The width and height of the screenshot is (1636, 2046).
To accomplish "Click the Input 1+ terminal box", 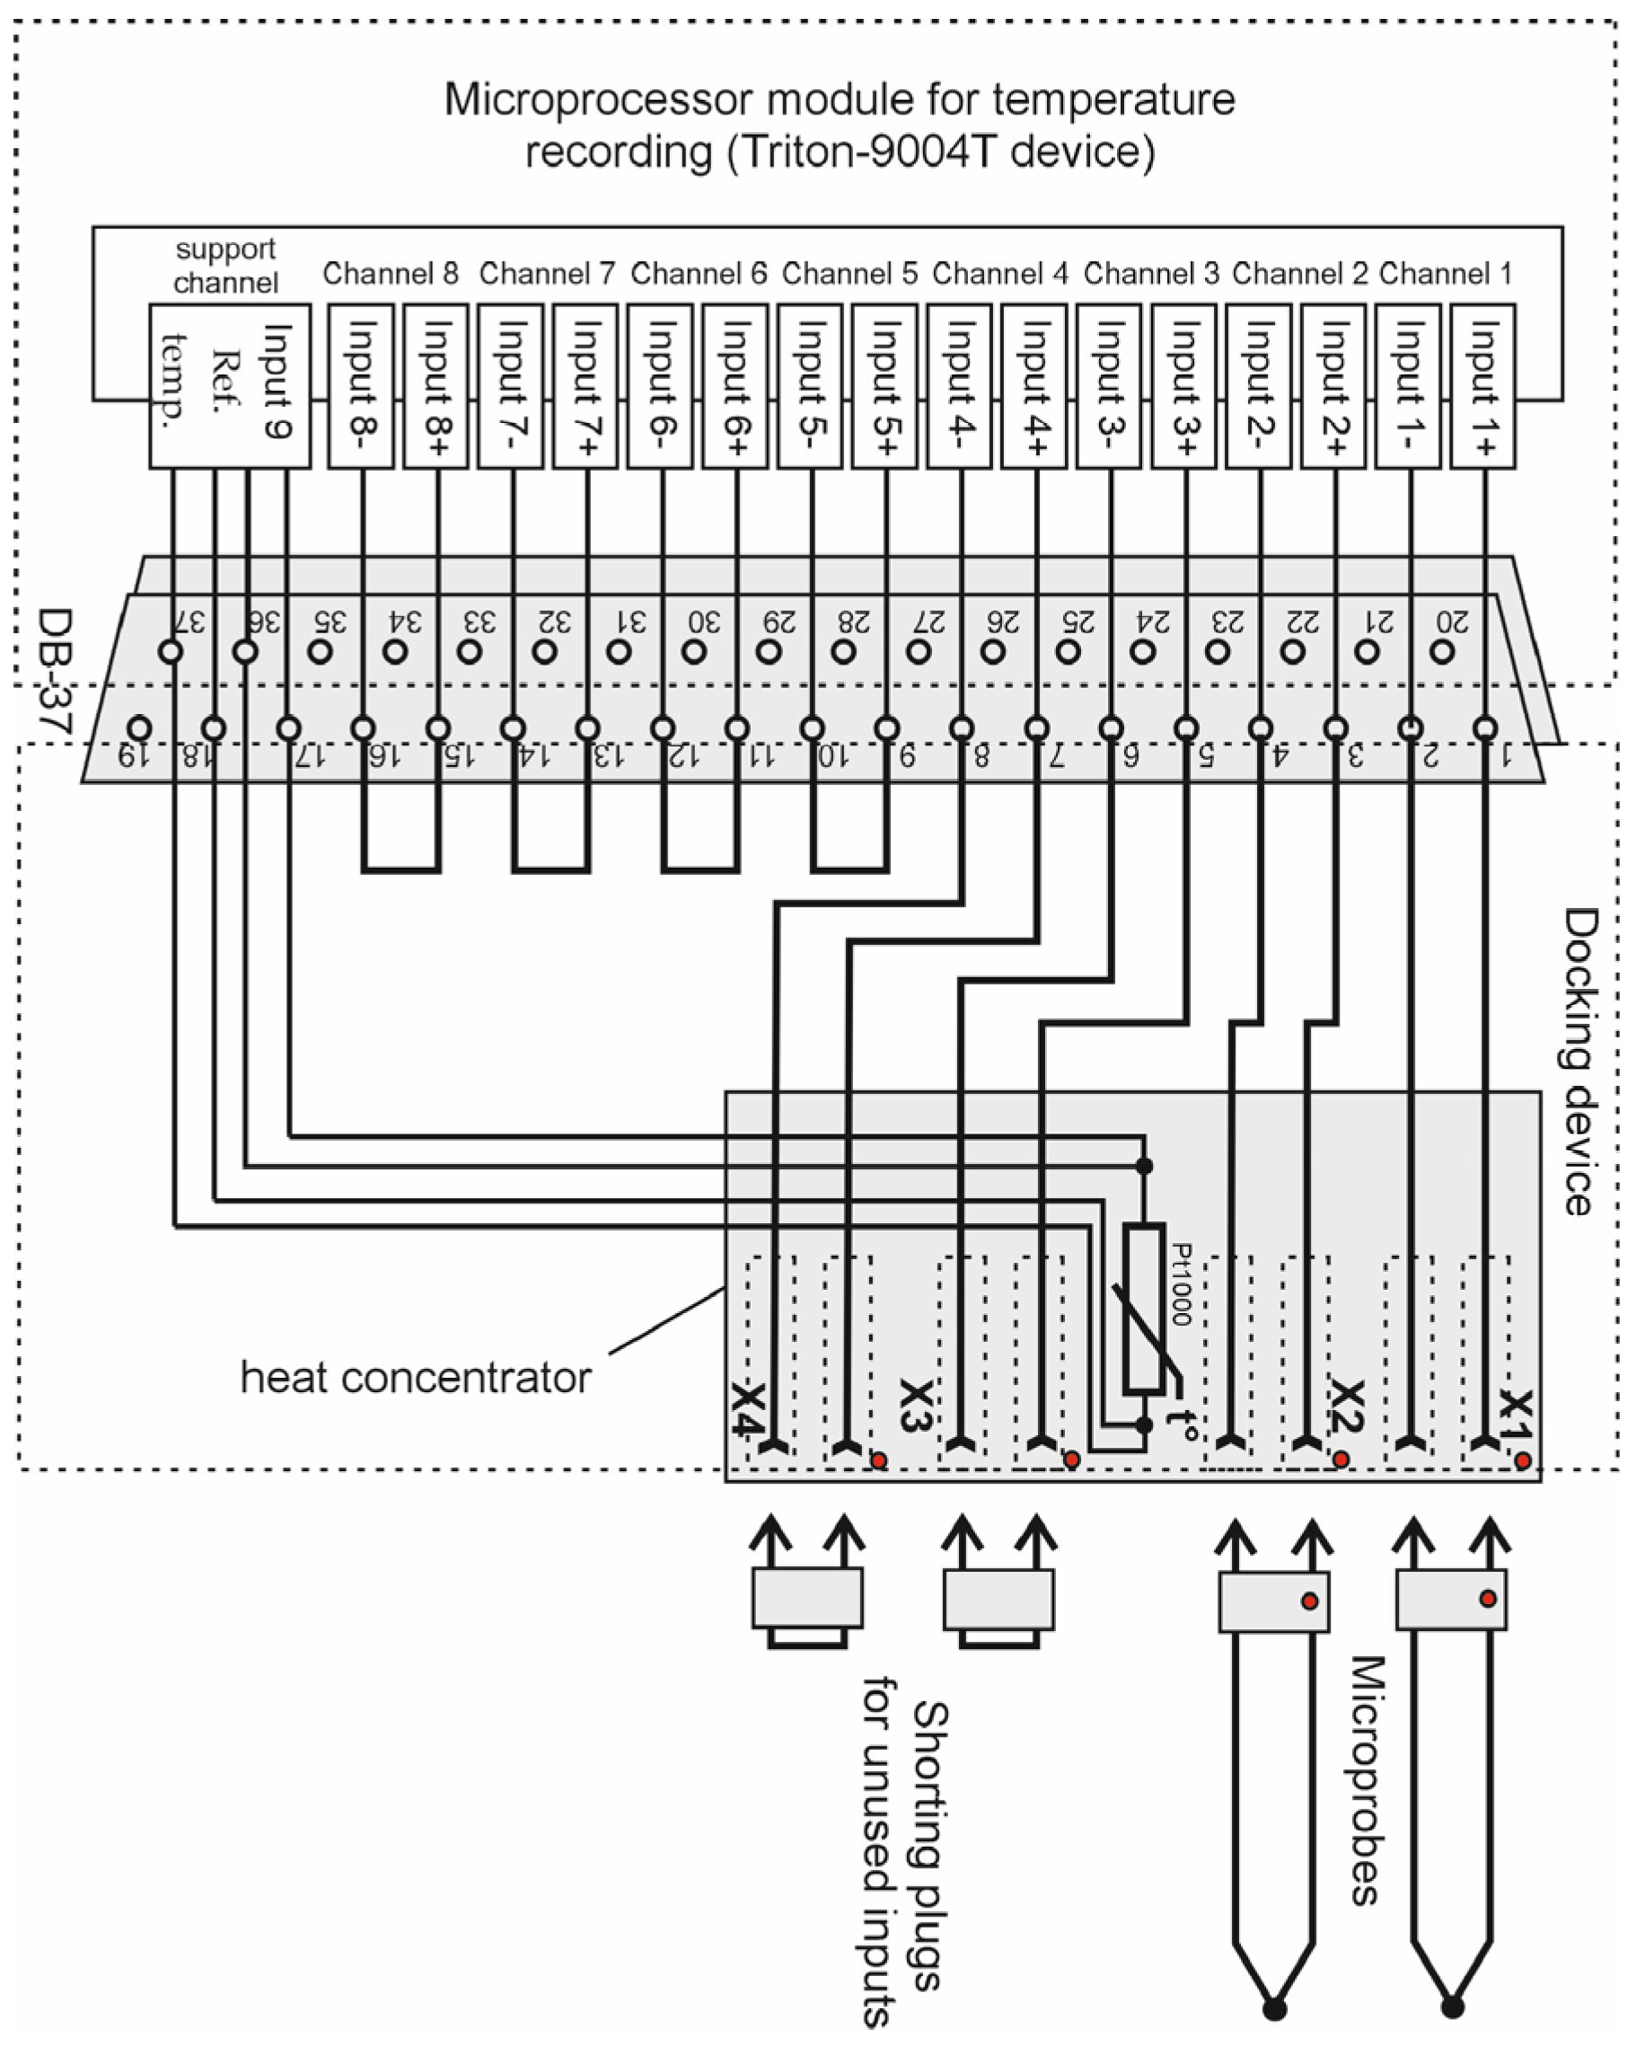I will (1482, 386).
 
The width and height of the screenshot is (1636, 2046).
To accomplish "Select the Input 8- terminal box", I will (361, 386).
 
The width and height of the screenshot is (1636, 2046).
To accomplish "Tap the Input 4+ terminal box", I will (1033, 386).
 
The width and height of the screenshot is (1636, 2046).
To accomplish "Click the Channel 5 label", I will (849, 274).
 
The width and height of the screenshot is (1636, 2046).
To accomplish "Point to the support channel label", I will (226, 266).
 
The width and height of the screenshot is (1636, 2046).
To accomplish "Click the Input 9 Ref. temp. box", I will (230, 386).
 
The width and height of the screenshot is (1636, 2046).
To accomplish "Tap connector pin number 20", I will (1441, 652).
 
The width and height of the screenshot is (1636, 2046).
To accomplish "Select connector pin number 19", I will (139, 728).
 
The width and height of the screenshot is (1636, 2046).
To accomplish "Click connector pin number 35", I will (321, 652).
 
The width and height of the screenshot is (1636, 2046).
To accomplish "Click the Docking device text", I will (1580, 1062).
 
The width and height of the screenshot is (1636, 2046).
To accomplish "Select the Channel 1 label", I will (1445, 274).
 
